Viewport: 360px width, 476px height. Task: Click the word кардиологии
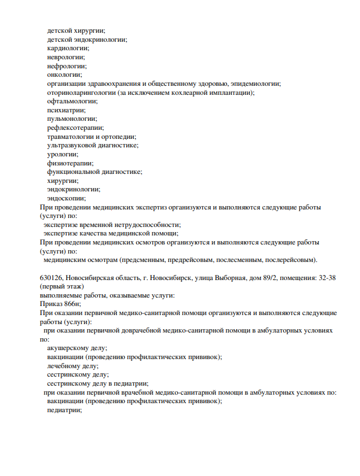64,49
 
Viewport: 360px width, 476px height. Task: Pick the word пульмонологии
69,119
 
